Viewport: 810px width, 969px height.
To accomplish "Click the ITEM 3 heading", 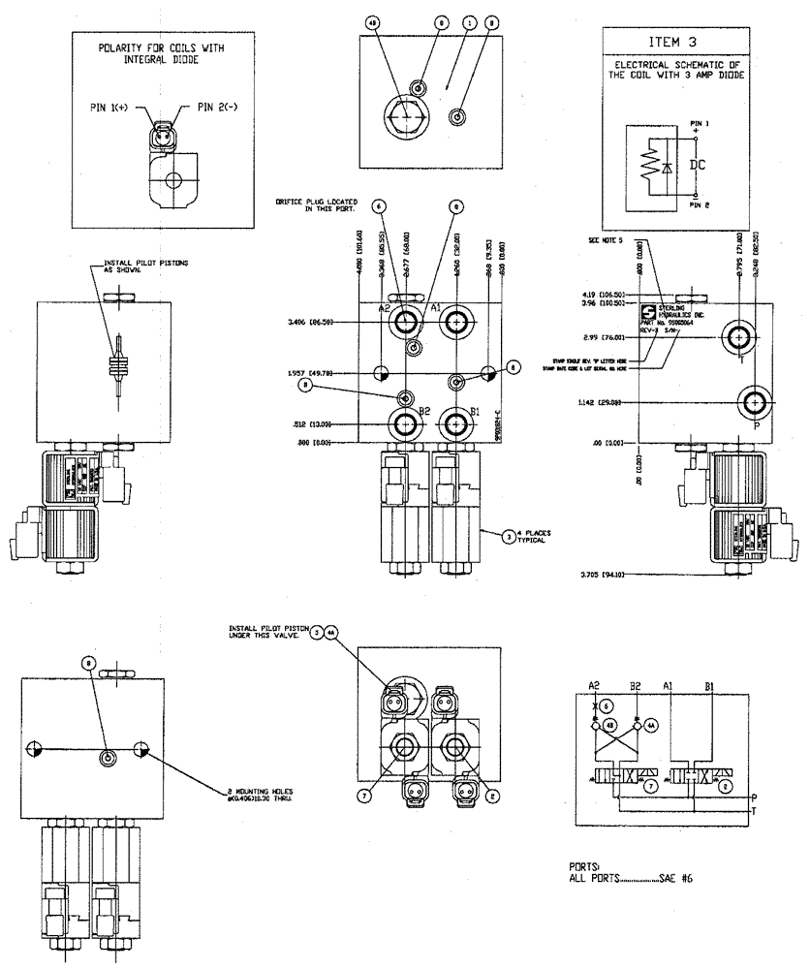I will click(673, 43).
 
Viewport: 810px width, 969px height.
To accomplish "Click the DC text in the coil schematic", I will click(697, 166).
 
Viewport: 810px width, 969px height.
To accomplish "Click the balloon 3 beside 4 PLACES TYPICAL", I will click(509, 534).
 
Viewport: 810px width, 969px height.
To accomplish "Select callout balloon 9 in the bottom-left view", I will click(89, 664).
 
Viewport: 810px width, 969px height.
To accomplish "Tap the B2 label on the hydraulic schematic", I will click(637, 685).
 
